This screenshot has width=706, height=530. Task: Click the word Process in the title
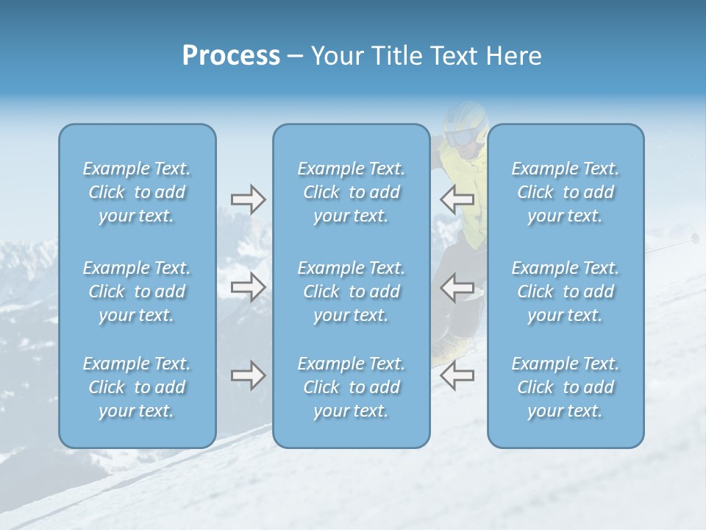pyautogui.click(x=231, y=56)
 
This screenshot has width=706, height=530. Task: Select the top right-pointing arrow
pyautogui.click(x=248, y=199)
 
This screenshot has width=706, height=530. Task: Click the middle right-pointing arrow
pyautogui.click(x=248, y=286)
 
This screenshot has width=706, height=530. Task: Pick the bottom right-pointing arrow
pyautogui.click(x=248, y=375)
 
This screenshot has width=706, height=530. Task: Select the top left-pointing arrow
pyautogui.click(x=457, y=199)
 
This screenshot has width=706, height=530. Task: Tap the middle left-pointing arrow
pyautogui.click(x=457, y=286)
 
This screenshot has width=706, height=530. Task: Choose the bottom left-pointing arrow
pyautogui.click(x=457, y=375)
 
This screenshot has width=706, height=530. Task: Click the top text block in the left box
pyautogui.click(x=137, y=192)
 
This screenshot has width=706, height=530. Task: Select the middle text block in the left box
pyautogui.click(x=137, y=291)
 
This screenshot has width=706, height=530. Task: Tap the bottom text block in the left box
pyautogui.click(x=137, y=387)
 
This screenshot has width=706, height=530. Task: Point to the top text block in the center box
pyautogui.click(x=352, y=192)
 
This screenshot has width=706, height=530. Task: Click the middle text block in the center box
pyautogui.click(x=352, y=291)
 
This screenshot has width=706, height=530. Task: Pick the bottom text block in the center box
pyautogui.click(x=352, y=387)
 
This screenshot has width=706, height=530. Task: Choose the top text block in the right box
pyautogui.click(x=566, y=192)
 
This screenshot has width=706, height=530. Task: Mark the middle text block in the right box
pyautogui.click(x=566, y=291)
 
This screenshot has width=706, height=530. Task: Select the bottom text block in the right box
pyautogui.click(x=566, y=387)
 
